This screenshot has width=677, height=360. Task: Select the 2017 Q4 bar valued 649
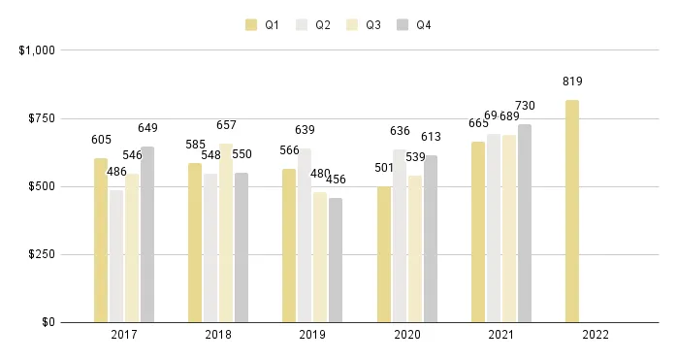[147, 234]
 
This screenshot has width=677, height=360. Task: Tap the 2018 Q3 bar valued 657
[226, 233]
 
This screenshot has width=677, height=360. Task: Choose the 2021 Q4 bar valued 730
[525, 222]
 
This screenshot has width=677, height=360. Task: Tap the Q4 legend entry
[414, 24]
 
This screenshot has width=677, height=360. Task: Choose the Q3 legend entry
[364, 24]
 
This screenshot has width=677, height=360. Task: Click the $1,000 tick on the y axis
[36, 50]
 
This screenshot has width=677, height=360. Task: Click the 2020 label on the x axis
[406, 335]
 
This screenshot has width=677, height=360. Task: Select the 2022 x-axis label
[595, 335]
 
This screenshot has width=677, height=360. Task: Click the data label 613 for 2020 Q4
[431, 138]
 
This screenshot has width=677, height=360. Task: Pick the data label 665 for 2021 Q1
[478, 123]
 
